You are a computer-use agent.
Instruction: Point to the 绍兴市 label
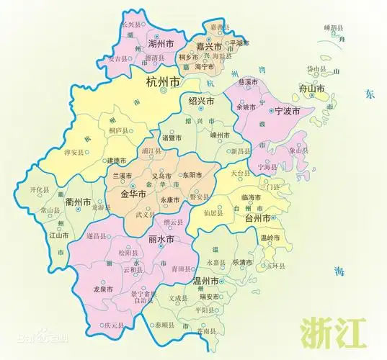[200, 102]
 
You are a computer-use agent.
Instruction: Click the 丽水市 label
[160, 239]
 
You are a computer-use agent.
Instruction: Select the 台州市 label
[258, 218]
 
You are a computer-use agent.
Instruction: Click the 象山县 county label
[298, 150]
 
